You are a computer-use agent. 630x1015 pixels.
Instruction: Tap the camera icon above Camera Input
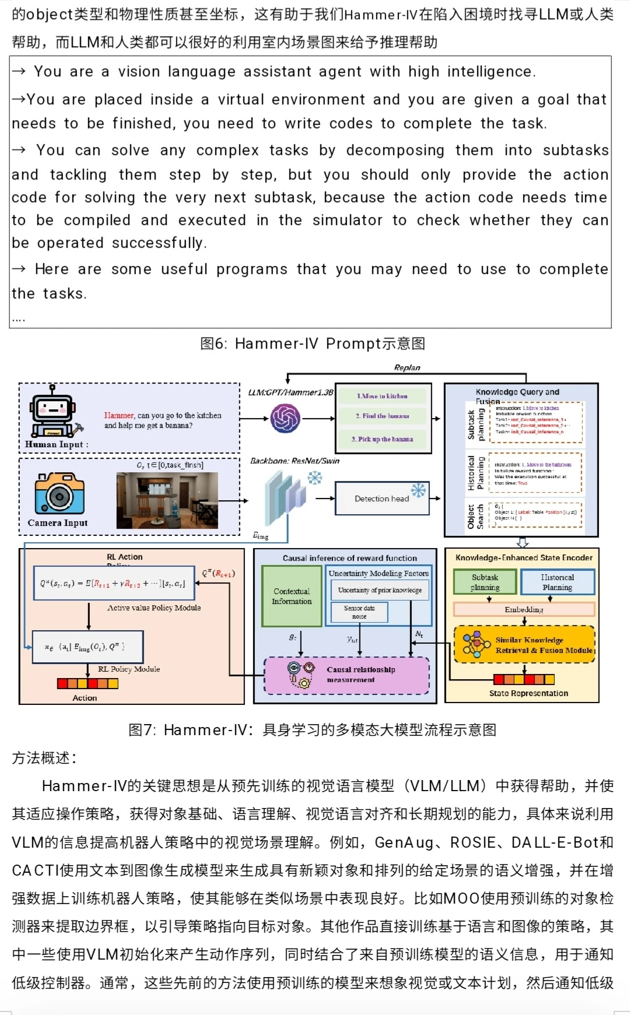(x=60, y=494)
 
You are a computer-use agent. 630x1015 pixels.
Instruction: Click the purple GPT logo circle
(x=285, y=418)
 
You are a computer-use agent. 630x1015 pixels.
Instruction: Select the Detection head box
(x=382, y=498)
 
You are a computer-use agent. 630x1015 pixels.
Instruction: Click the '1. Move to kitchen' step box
(x=382, y=396)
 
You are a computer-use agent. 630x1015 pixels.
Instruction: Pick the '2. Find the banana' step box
(x=382, y=416)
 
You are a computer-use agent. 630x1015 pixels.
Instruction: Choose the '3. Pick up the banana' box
(x=382, y=439)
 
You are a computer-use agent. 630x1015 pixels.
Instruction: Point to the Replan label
(x=407, y=368)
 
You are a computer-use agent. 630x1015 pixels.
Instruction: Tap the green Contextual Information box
(x=292, y=596)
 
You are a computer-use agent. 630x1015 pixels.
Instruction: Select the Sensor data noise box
(x=359, y=612)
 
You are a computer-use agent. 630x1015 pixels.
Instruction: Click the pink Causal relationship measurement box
(x=347, y=675)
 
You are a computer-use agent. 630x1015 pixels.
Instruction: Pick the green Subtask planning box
(x=485, y=582)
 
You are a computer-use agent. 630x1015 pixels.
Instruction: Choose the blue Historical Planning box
(x=557, y=582)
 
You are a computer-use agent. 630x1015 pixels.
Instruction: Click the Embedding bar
(x=524, y=610)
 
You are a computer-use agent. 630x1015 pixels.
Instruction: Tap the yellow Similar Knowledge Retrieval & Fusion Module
(x=524, y=645)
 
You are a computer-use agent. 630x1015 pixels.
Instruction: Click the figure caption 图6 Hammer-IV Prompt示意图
(x=313, y=344)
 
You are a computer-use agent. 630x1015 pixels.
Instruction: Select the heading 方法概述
(x=44, y=758)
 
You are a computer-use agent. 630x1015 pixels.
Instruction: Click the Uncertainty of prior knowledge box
(x=380, y=590)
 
